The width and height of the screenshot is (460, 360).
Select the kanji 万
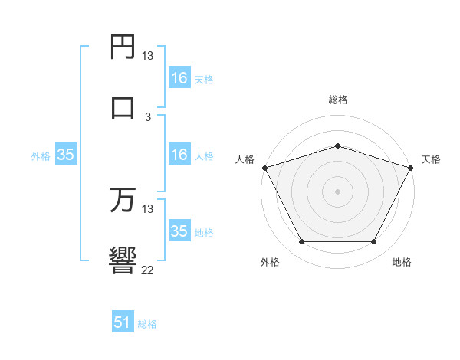pyautogui.click(x=123, y=200)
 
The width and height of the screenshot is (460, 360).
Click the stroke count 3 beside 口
pyautogui.click(x=148, y=117)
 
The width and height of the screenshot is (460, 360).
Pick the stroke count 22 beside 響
pyautogui.click(x=148, y=270)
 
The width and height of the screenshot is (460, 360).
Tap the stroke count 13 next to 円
pyautogui.click(x=148, y=56)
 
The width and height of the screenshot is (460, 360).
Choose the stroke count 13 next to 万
pyautogui.click(x=148, y=209)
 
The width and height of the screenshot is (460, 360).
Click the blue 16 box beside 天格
pyautogui.click(x=179, y=78)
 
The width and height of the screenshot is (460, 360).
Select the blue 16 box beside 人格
pyautogui.click(x=179, y=155)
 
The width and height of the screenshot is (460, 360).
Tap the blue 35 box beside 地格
pyautogui.click(x=179, y=231)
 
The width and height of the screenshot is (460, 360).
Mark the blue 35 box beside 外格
pyautogui.click(x=66, y=155)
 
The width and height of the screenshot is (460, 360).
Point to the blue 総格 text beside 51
pyautogui.click(x=147, y=324)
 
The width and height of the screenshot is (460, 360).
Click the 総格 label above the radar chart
pyautogui.click(x=337, y=100)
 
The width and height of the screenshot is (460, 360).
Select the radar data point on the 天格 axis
pyautogui.click(x=412, y=167)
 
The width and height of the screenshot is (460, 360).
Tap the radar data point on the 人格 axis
pyautogui.click(x=264, y=167)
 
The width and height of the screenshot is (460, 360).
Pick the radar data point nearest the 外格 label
pyautogui.click(x=301, y=242)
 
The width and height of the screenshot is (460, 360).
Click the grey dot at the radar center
pyautogui.click(x=337, y=191)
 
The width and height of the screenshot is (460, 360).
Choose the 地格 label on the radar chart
pyautogui.click(x=402, y=263)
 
